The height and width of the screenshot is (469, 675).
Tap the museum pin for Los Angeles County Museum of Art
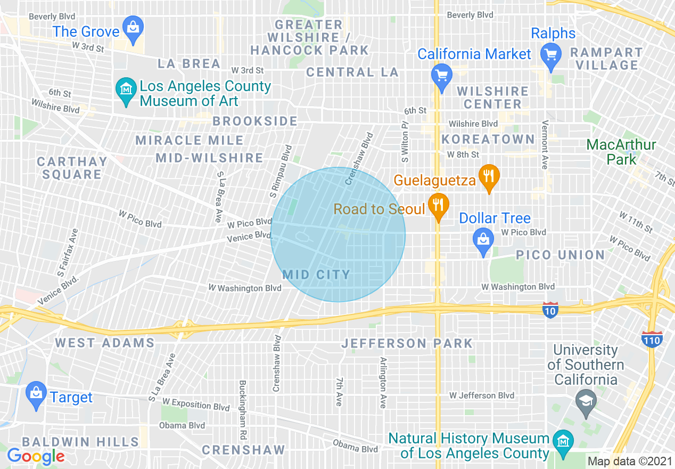126,89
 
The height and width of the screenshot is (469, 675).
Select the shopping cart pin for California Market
441,74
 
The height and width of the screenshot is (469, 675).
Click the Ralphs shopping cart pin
551,55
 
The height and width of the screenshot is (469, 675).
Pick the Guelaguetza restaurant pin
488,175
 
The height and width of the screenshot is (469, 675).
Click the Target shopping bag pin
36,394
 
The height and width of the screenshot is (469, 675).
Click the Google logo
36,456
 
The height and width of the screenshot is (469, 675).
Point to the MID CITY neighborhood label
316,275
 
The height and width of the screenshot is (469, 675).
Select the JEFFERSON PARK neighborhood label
407,343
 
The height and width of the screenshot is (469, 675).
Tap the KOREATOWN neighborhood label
488,140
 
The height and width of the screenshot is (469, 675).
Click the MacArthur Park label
621,152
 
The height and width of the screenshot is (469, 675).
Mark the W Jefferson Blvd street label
482,395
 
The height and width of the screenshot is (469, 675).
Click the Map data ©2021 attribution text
630,461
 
